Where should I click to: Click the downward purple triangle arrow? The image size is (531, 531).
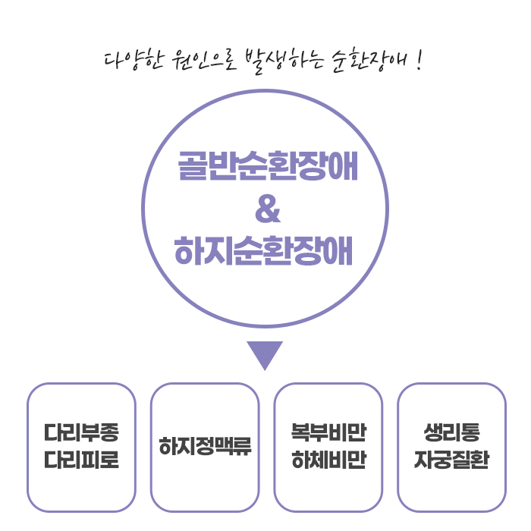(265, 353)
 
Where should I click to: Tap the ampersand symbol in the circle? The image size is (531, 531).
(266, 210)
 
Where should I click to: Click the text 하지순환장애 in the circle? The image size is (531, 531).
(265, 251)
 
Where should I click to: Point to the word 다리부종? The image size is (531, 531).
(81, 434)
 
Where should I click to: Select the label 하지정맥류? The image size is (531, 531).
(205, 446)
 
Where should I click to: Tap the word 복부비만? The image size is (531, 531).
(328, 434)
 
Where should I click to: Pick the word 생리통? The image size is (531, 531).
(451, 434)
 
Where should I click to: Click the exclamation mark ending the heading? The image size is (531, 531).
(419, 59)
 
